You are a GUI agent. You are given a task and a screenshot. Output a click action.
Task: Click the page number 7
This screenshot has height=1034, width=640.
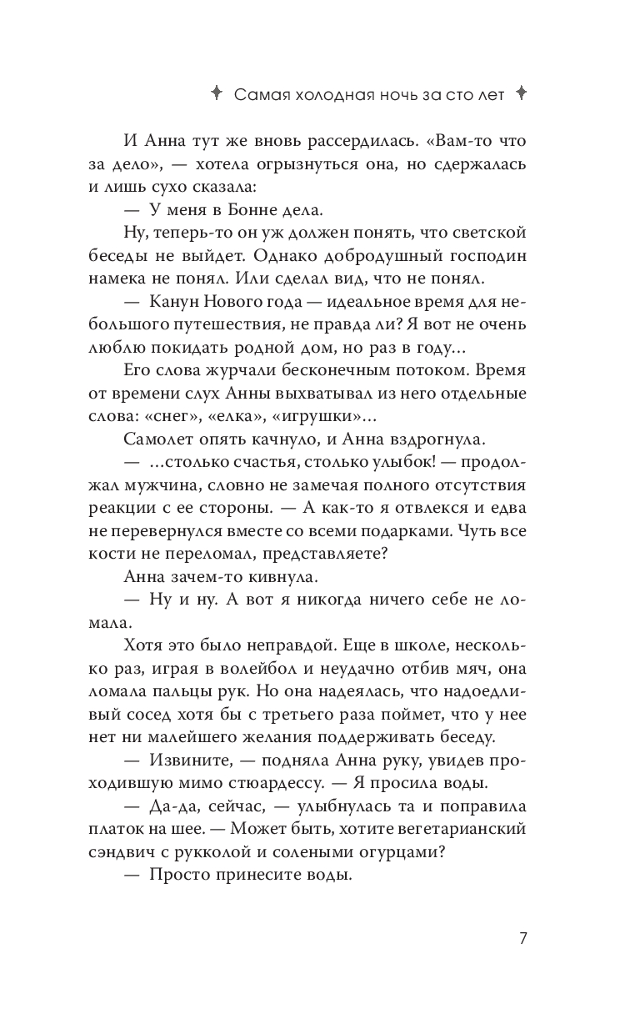click(522, 938)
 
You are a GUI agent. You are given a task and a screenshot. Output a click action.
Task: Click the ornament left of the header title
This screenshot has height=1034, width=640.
click(216, 93)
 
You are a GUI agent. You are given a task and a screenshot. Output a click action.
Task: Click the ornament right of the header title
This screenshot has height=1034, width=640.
click(522, 93)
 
